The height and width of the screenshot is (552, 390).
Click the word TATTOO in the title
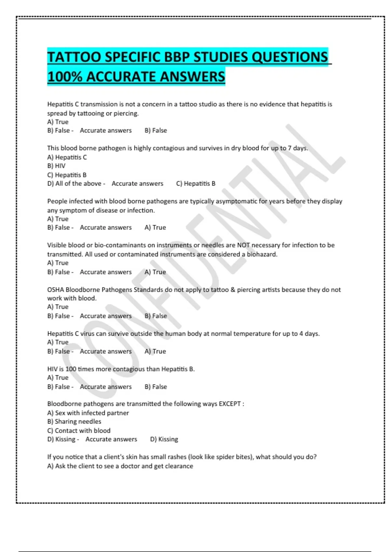74,57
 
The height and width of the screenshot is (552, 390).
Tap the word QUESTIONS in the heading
290,57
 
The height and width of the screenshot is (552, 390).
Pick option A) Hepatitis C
67,157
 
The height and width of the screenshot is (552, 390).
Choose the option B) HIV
56,166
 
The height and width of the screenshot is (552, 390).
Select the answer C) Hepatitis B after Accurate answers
196,184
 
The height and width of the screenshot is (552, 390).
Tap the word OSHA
56,290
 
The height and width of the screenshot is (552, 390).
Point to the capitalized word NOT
243,245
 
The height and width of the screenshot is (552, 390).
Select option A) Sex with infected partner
88,413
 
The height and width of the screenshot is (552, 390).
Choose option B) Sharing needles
74,421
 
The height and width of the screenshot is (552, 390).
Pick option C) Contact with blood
79,431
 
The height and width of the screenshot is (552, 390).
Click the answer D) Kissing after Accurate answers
164,439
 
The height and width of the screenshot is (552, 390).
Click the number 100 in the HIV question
71,369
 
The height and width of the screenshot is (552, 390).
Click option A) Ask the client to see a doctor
120,466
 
